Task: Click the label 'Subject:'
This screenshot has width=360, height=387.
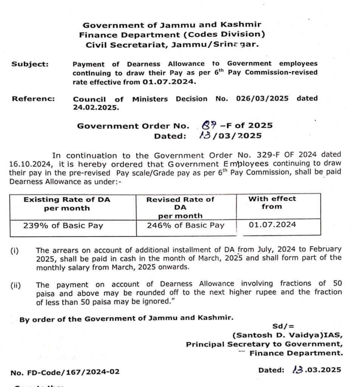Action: click(x=30, y=64)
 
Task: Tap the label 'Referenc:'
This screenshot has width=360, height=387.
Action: click(x=33, y=99)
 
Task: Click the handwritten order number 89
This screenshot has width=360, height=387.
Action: click(x=209, y=125)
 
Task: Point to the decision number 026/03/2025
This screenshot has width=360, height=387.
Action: click(x=262, y=99)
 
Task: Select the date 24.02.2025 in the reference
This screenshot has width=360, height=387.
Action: click(x=96, y=107)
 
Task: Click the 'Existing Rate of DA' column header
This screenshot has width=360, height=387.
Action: click(x=67, y=204)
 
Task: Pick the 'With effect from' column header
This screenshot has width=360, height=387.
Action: click(x=272, y=203)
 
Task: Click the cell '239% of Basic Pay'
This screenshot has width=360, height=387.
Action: click(x=63, y=226)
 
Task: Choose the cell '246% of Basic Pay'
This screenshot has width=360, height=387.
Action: click(x=185, y=226)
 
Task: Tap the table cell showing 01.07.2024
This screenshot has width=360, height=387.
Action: click(x=272, y=225)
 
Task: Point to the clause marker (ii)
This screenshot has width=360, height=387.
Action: click(x=15, y=285)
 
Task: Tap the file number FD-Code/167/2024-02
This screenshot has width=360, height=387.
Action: click(x=65, y=372)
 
